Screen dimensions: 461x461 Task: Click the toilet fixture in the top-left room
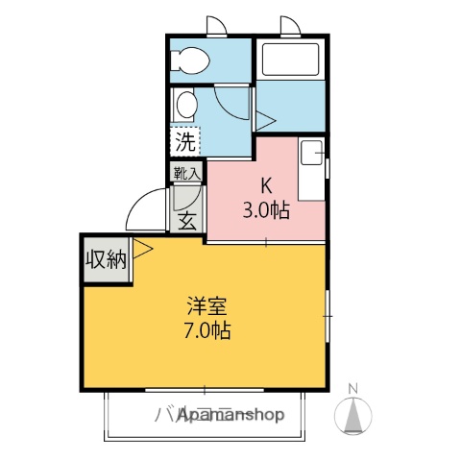click(189, 61)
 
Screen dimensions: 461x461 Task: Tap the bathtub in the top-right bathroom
click(292, 61)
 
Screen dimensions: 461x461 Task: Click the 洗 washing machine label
click(185, 143)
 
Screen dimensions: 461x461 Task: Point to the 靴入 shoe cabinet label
click(186, 174)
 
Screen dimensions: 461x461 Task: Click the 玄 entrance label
click(186, 219)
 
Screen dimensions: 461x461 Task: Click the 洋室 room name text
click(207, 309)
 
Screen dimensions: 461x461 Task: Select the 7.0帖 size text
click(207, 331)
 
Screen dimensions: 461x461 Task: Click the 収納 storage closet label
click(106, 259)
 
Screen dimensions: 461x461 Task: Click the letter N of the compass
click(352, 389)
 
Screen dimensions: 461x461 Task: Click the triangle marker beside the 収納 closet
click(143, 251)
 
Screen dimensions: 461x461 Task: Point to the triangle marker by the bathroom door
click(263, 120)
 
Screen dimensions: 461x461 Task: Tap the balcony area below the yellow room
click(206, 413)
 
